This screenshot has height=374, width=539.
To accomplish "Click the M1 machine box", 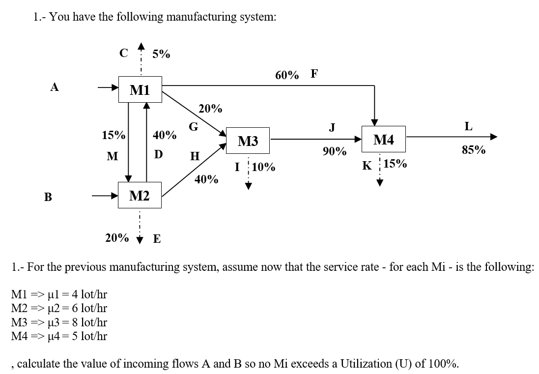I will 140,89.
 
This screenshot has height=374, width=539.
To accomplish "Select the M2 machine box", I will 140,196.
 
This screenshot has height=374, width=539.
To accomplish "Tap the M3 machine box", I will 248,142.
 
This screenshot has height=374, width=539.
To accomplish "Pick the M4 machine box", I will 384,140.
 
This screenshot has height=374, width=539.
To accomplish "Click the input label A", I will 55,87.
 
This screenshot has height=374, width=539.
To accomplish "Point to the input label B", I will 48,197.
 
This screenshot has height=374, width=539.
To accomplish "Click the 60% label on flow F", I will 287,75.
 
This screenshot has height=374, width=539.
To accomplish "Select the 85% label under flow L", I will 474,150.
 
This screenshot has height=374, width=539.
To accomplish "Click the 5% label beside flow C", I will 161,54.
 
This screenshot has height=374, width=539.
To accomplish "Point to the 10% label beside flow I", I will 263,167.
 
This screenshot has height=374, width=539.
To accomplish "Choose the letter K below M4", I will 367,166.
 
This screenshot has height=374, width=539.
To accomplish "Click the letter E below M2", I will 157,239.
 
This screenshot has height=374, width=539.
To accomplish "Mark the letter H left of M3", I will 195,156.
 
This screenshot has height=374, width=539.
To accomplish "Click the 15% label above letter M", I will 113,135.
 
